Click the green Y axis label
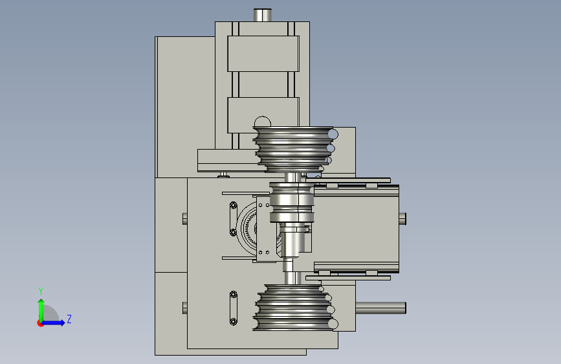[x=41, y=291]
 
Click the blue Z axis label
[x=69, y=319]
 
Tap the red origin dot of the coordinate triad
[x=40, y=323]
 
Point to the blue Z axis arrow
[x=54, y=323]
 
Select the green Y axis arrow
[x=41, y=310]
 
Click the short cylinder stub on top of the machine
[x=263, y=15]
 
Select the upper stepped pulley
[x=295, y=149]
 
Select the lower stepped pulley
[x=295, y=308]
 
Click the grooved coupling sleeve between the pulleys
[x=292, y=203]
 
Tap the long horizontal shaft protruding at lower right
[x=380, y=308]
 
